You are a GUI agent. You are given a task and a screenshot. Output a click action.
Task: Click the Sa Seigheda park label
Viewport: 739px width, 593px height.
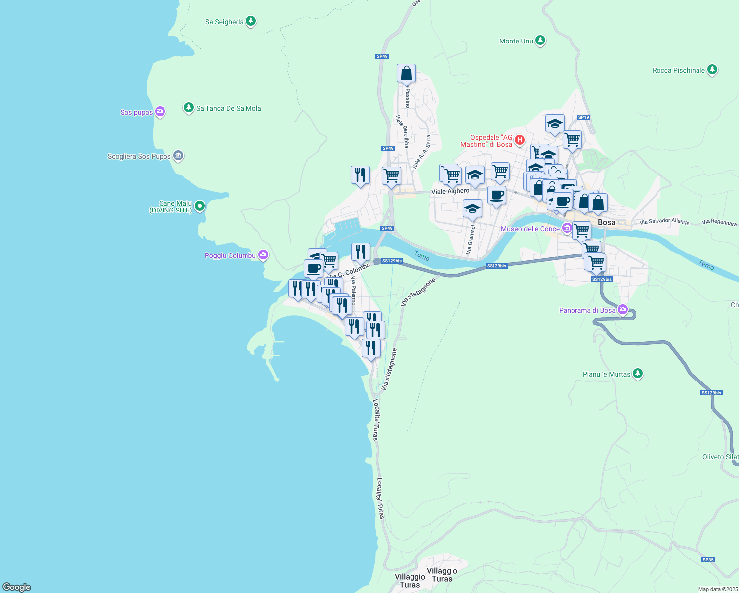coord(224,22)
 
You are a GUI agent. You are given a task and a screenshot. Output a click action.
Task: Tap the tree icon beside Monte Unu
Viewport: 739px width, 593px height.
coord(540,41)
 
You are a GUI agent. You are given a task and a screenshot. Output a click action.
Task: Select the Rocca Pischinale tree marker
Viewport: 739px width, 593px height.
coord(712,70)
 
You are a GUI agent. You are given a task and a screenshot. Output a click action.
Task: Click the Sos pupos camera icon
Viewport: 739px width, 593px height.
coord(160,112)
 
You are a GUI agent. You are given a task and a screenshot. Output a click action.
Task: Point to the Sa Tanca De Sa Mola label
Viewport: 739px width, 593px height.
coord(228,108)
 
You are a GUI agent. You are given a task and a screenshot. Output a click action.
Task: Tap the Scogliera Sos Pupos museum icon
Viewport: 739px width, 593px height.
coord(178,156)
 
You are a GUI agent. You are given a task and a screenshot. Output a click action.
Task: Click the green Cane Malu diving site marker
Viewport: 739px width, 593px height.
coord(200,206)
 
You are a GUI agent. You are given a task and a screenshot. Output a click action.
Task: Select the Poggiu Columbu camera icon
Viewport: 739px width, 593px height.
coord(263,255)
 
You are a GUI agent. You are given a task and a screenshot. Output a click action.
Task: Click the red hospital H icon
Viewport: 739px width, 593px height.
coord(519,140)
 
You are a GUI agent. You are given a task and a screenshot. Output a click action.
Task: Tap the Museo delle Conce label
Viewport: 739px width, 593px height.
coord(530,229)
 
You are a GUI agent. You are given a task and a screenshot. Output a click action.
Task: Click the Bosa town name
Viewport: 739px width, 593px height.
coord(606,222)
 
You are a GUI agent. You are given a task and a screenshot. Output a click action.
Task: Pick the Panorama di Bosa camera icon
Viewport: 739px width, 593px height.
coord(623,310)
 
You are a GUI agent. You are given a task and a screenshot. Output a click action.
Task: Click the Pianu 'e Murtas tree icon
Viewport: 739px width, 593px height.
coord(637,374)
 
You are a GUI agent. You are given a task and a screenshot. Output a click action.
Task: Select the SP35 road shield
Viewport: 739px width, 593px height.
coord(708,560)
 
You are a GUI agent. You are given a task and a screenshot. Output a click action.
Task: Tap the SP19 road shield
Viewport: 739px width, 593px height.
coord(583,117)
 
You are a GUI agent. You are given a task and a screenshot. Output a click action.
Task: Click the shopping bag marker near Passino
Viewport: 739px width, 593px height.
coord(406,74)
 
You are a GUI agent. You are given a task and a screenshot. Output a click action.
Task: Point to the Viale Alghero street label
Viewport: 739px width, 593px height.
coord(450,191)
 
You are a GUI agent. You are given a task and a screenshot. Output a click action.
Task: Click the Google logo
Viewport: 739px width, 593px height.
coord(17,587)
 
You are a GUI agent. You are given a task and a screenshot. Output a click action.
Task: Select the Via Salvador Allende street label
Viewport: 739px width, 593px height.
coord(664,221)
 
